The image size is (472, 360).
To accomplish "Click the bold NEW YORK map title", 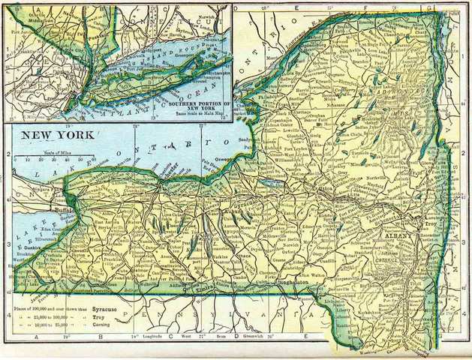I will pyautogui.click(x=58, y=135).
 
